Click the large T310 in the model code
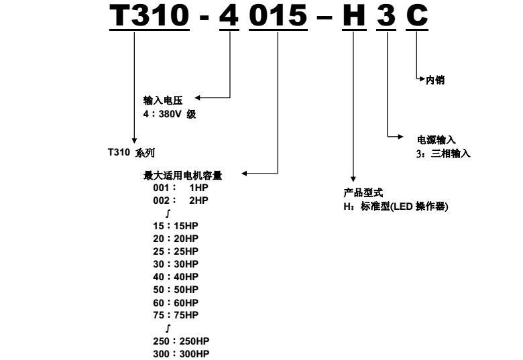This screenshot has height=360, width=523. [150, 15]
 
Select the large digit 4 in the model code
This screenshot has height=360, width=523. [229, 15]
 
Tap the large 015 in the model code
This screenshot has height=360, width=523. [278, 15]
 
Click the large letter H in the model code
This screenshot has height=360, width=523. [354, 15]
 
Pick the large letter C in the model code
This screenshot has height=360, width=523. [417, 15]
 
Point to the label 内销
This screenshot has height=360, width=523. [435, 80]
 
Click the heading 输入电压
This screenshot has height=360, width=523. [163, 101]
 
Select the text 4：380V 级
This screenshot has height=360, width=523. [170, 114]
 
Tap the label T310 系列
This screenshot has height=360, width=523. [131, 152]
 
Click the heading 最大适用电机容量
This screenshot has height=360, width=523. [183, 176]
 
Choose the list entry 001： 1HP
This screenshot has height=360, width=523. [181, 188]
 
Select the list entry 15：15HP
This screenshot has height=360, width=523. [176, 226]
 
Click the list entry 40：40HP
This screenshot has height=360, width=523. [176, 277]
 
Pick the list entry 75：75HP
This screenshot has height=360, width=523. [176, 315]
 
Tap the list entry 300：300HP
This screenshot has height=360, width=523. [182, 354]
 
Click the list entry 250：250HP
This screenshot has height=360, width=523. [182, 341]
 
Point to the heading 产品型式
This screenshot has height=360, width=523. [363, 192]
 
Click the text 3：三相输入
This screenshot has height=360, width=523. [443, 154]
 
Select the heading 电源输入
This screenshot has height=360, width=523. [437, 139]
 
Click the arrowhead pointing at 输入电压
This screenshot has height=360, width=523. [197, 98]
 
